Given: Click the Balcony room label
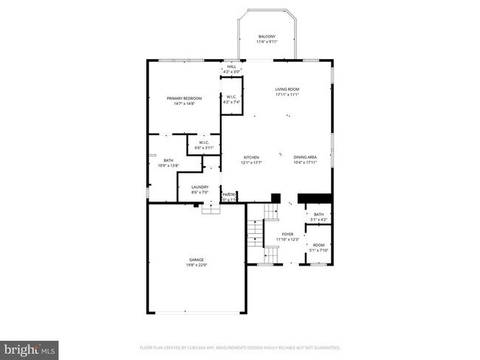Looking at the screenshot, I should click(x=266, y=36).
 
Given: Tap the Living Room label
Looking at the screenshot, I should click(x=287, y=89).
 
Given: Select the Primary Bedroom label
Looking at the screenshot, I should click(x=184, y=98).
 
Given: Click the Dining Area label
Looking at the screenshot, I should click(x=305, y=157).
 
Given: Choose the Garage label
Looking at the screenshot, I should click(x=196, y=260).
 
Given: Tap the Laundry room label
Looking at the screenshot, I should click(x=199, y=187).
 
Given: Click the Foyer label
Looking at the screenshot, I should click(x=287, y=235).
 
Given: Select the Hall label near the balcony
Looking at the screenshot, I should click(x=231, y=66).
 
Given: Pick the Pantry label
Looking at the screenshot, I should click(x=230, y=194).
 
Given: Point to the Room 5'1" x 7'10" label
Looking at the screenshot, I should click(x=318, y=245).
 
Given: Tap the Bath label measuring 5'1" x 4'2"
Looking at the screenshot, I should click(x=318, y=214).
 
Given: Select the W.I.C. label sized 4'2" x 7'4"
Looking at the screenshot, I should click(x=231, y=97).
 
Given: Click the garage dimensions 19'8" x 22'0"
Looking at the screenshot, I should click(x=196, y=265).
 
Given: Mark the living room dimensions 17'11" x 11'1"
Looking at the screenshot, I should click(x=287, y=94).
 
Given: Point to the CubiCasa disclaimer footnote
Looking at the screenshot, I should click(x=240, y=347).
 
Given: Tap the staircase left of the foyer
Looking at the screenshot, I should click(x=253, y=232).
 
